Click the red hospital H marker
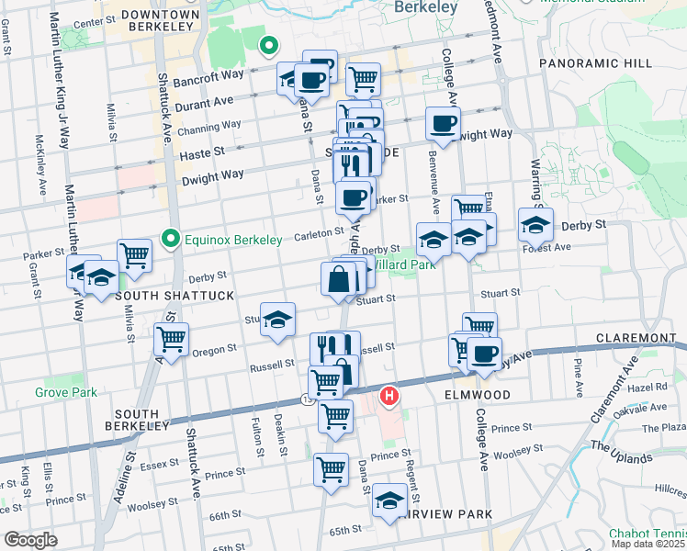pyautogui.click(x=389, y=397)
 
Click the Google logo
pyautogui.click(x=30, y=540)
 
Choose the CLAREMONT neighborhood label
pyautogui.click(x=635, y=338)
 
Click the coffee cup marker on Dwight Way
pyautogui.click(x=443, y=123)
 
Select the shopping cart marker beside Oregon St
pyautogui.click(x=172, y=339)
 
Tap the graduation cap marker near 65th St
pyautogui.click(x=390, y=500)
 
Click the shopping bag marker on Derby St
pyautogui.click(x=339, y=278)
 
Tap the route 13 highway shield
pyautogui.click(x=306, y=399)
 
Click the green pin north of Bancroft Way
pyautogui.click(x=268, y=44)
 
